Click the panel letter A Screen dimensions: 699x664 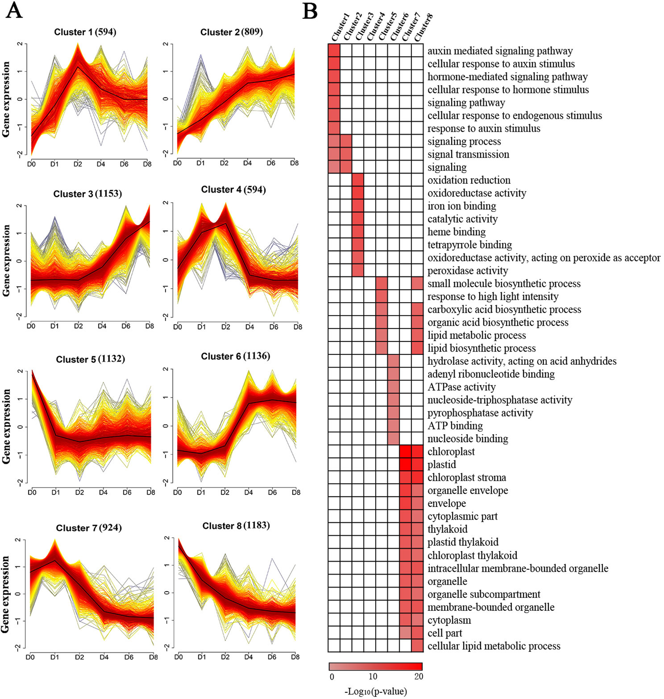14,11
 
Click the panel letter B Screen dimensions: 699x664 310,11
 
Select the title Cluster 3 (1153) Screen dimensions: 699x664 88,194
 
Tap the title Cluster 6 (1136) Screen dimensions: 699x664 235,356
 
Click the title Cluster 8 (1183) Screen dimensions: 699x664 236,526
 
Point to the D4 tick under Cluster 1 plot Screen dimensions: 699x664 101,164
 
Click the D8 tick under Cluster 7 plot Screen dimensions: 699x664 153,657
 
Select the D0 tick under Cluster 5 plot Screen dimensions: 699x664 32,492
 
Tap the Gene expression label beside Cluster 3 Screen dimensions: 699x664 6,261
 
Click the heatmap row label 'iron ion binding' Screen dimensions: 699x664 462,206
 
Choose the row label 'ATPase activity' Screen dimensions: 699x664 461,387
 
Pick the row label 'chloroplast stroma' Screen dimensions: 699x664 466,478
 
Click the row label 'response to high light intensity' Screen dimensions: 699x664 493,297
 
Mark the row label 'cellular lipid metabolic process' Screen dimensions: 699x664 494,646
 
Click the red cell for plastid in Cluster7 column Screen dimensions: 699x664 405,465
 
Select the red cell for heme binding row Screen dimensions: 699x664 358,232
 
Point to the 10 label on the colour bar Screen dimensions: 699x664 373,677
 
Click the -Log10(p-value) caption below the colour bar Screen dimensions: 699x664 375,691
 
